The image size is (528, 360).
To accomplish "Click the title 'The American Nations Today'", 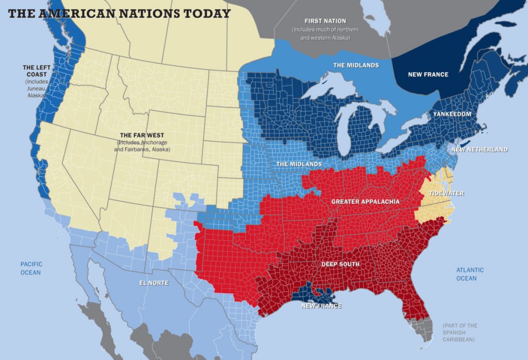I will [119, 13].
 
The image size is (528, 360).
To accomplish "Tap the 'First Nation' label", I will [325, 21].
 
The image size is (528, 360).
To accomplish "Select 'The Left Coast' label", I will [35, 71].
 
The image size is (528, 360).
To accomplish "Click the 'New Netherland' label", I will [479, 150].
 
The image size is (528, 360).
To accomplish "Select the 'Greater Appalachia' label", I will [365, 201].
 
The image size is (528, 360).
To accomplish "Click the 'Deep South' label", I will [340, 264].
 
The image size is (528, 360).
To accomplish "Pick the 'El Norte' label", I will [154, 283].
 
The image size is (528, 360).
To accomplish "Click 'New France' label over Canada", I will [428, 75].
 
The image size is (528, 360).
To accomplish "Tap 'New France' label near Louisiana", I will [321, 306].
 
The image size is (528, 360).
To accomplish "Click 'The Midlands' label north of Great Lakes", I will [356, 65].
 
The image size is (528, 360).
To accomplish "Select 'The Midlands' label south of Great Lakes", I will [299, 164].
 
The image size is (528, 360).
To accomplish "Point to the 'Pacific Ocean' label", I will [31, 268].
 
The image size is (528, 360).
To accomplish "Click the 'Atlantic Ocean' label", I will [470, 274].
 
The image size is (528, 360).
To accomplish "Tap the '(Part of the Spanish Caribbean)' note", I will [460, 333].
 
